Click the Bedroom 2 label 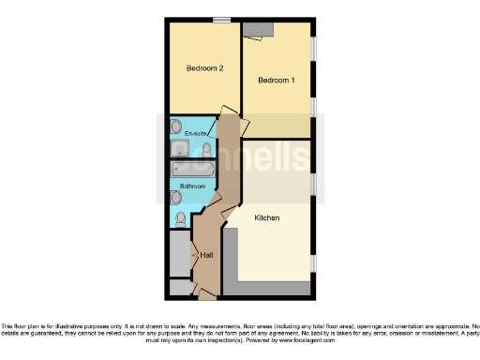pos(203,67)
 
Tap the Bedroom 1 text pos(277,81)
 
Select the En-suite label pos(195,135)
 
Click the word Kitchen pos(268,217)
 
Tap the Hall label pos(205,255)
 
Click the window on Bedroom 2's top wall pos(222,20)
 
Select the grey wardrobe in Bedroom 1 pos(256,30)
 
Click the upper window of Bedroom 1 pos(313,47)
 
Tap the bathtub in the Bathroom pos(192,171)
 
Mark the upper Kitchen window pos(313,186)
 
